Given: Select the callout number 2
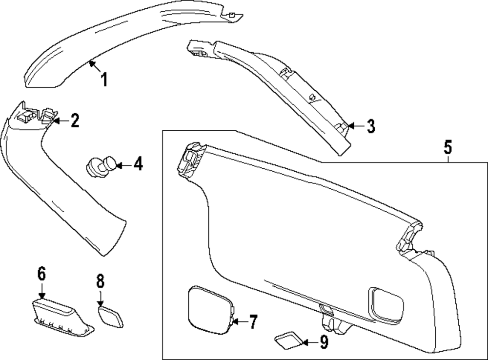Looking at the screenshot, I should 74,120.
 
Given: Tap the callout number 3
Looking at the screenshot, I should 370,126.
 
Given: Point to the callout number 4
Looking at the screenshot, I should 138,164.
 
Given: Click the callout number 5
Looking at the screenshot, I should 448,146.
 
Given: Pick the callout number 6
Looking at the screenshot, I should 41,275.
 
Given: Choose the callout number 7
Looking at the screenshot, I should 252,321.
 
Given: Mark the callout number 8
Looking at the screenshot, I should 100,281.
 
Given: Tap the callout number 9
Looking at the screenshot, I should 324,343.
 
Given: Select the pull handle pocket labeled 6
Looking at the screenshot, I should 61,317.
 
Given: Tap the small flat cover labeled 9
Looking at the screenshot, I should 289,341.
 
